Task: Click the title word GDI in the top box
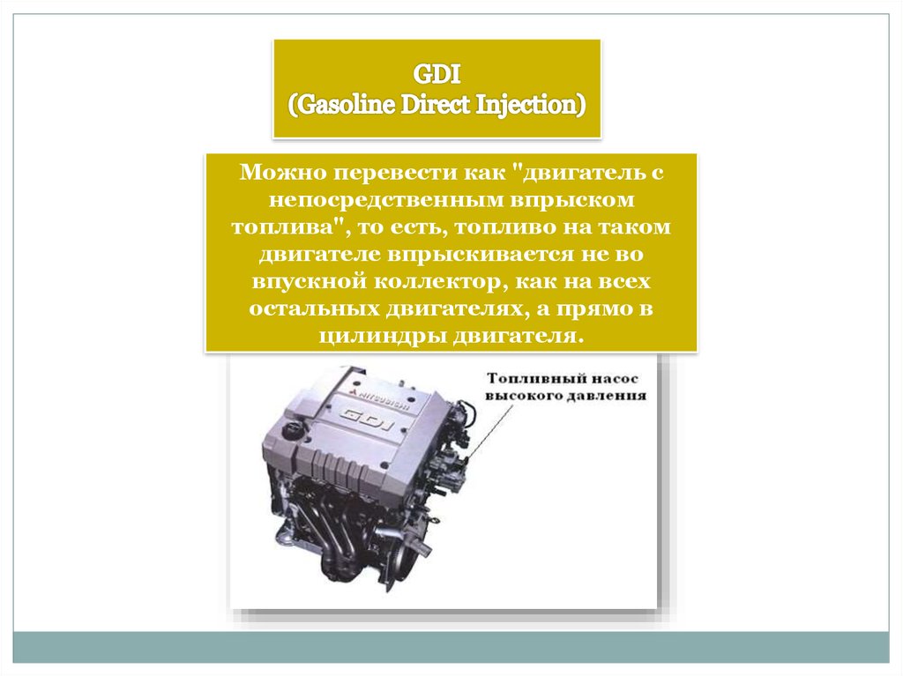[x=437, y=75]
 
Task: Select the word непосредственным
[x=384, y=201]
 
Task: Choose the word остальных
[x=315, y=309]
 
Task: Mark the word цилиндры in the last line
[x=383, y=337]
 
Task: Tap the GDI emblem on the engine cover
[x=369, y=418]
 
